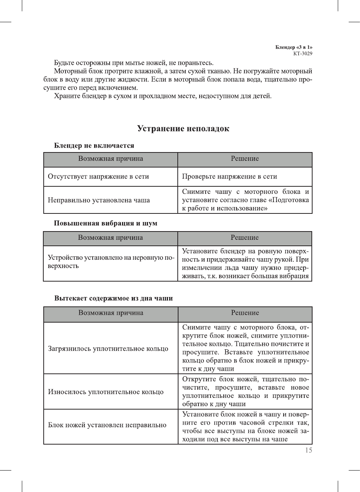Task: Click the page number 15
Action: tap(308, 450)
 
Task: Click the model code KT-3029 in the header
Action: tap(303, 53)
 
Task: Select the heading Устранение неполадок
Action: tap(183, 129)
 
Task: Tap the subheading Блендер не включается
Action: tap(94, 146)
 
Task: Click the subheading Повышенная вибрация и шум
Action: tap(105, 223)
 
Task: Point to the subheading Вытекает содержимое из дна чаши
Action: tap(113, 298)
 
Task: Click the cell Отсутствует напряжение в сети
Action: tap(98, 177)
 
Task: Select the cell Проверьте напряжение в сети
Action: tap(229, 177)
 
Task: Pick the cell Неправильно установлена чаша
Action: tap(99, 200)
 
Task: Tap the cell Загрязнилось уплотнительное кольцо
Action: tap(108, 349)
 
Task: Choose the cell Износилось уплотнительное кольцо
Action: tap(106, 392)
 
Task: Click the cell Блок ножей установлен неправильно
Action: tap(107, 425)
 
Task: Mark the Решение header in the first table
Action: tap(245, 159)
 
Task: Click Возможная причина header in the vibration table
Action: tap(110, 238)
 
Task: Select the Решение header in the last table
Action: tap(245, 313)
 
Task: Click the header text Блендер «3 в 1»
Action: tap(294, 47)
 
